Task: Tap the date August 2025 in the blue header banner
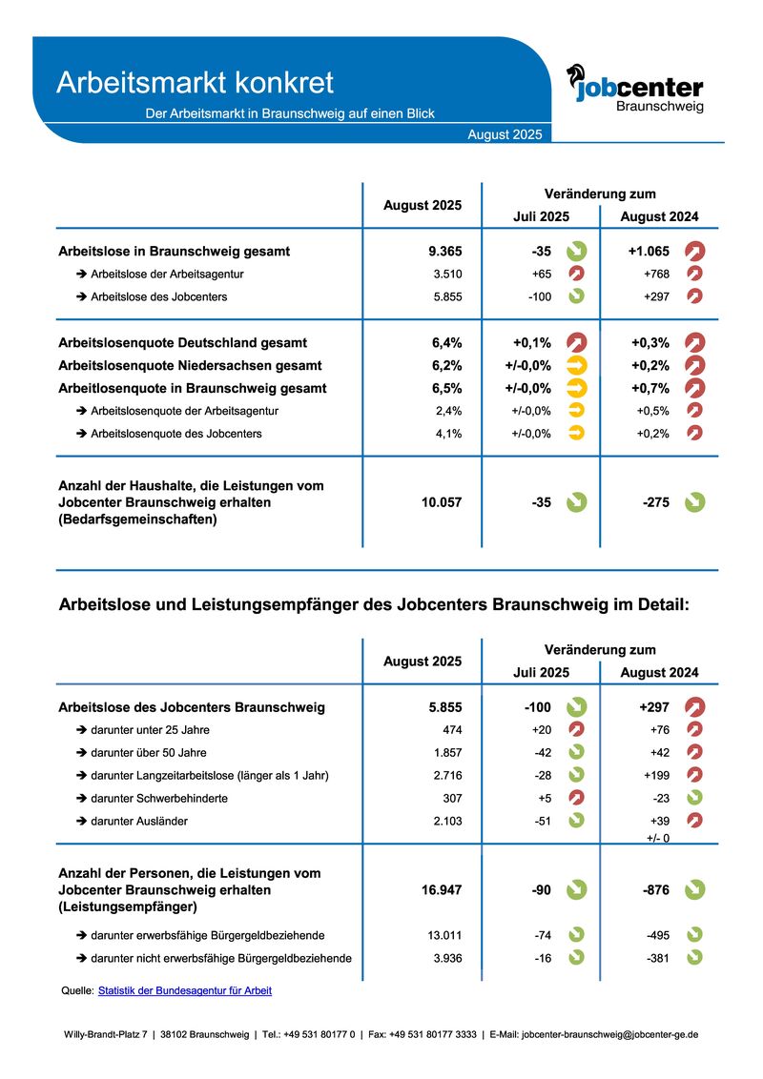tap(505, 134)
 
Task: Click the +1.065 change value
tap(649, 252)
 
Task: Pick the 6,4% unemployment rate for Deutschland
tap(446, 342)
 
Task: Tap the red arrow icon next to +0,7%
tap(694, 388)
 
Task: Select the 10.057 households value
tap(442, 502)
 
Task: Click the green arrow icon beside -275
tap(694, 502)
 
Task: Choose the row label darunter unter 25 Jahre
tap(150, 730)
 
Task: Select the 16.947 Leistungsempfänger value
tap(442, 890)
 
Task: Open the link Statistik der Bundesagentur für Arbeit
tap(185, 990)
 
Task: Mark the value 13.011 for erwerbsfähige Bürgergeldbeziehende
tap(445, 935)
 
